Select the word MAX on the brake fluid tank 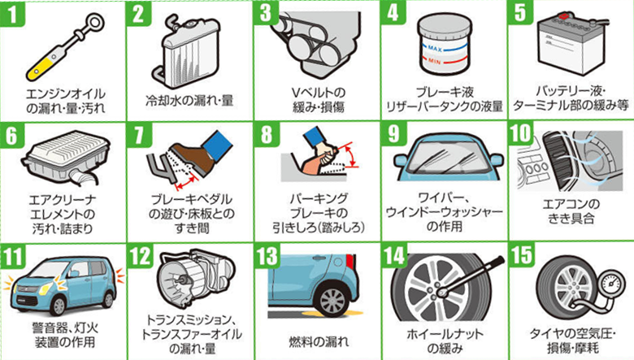coord(435,49)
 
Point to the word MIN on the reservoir coord(434,62)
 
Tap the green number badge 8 coord(267,135)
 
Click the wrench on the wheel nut coord(468,275)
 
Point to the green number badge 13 coord(267,256)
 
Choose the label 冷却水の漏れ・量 coord(189,100)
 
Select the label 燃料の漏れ coord(318,342)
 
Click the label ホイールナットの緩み coord(445,341)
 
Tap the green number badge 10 coord(521,134)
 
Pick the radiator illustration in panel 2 coord(189,52)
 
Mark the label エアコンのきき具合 coord(571,211)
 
